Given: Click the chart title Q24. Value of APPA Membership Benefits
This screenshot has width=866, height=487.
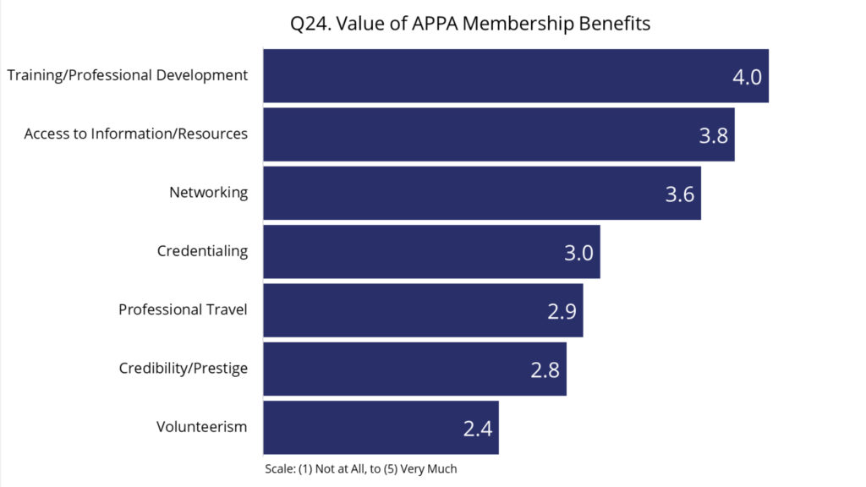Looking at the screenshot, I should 470,24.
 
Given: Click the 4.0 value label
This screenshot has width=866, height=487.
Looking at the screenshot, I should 747,77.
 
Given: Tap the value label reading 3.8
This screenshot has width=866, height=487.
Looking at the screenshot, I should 713,135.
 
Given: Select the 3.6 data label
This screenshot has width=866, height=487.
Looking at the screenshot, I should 679,194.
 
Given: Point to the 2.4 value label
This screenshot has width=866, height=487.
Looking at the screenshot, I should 477,429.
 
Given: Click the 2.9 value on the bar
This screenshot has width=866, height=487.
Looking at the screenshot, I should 562,311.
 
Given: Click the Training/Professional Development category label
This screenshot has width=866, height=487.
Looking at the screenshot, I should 128,75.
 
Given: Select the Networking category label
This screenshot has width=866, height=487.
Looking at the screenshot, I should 208,192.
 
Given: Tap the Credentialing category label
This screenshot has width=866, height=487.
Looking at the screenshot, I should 202,251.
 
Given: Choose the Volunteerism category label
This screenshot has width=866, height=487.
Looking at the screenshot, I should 201,427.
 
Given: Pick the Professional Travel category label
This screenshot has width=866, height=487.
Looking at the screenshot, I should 183,309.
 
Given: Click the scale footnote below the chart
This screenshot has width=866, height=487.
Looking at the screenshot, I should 360,468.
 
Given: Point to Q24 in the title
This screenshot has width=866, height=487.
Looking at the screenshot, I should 310,24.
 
